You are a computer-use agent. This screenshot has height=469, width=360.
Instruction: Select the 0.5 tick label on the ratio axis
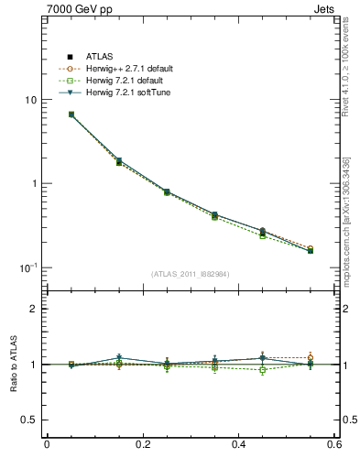tap(29, 420)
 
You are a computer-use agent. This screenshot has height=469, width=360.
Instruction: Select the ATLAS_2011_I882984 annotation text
tap(191, 274)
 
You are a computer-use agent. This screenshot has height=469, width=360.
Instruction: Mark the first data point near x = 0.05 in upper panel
tap(71, 115)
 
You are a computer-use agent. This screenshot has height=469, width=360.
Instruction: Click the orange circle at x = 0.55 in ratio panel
tap(310, 357)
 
